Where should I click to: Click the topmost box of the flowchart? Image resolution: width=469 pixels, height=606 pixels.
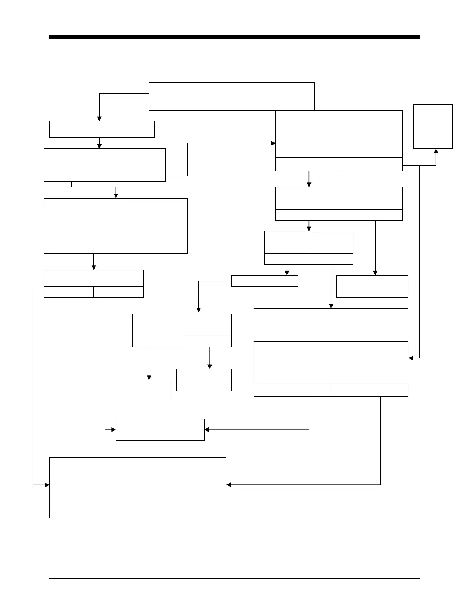231,96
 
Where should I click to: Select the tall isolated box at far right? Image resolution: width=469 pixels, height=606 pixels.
433,126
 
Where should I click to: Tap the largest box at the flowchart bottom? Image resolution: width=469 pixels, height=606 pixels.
138,487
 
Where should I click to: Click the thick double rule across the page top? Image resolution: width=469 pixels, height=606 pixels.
234,37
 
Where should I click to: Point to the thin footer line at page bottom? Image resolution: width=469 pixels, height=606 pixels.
234,578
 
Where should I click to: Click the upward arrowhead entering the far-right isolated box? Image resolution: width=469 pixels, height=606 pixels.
436,151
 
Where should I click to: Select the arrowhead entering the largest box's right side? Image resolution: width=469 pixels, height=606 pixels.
228,485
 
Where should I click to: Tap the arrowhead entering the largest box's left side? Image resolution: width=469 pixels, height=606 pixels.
48,485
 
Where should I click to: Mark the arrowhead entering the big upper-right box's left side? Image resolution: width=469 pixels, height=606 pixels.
274,143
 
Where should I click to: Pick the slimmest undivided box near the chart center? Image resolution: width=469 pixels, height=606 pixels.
265,281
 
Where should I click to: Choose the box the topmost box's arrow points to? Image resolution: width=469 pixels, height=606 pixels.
102,129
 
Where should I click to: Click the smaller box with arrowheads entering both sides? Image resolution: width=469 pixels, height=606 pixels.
160,430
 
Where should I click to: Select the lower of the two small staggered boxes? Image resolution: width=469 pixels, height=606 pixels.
143,391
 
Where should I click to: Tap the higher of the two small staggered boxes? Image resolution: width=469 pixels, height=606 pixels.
204,380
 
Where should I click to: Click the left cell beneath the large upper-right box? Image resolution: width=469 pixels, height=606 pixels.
307,164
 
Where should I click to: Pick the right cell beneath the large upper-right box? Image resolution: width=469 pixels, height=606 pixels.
371,164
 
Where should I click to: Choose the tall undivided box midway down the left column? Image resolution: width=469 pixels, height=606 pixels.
116,226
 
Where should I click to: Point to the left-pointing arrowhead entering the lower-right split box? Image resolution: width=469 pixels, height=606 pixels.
411,358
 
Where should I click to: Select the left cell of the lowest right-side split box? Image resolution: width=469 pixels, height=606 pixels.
292,389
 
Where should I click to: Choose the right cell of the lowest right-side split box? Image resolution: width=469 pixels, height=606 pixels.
369,389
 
